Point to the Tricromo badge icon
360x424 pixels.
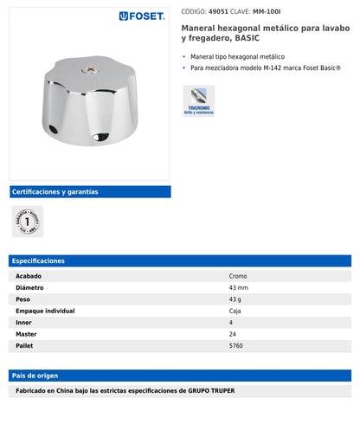click(x=198, y=101)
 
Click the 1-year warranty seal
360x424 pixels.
click(x=27, y=221)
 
